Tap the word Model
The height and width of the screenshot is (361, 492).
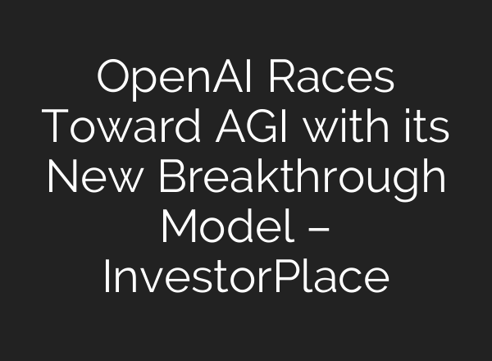pos(217,227)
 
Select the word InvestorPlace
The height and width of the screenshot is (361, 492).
pos(246,276)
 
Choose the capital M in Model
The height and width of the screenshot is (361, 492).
pos(176,227)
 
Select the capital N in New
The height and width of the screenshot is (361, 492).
pos(61,178)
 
